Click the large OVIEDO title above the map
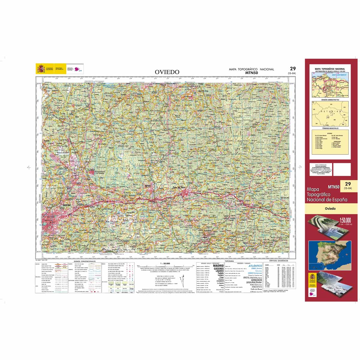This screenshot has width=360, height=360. click(x=167, y=72)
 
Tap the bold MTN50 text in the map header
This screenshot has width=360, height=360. click(x=251, y=73)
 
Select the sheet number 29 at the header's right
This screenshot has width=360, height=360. click(x=292, y=69)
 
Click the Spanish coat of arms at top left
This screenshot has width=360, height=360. click(x=40, y=69)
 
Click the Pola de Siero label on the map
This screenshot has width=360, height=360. click(x=180, y=187)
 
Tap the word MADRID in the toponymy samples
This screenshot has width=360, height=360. click(x=218, y=265)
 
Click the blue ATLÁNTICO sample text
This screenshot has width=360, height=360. click(x=255, y=266)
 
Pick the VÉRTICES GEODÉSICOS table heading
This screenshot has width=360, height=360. click(x=279, y=261)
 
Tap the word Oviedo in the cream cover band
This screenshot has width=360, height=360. click(x=330, y=208)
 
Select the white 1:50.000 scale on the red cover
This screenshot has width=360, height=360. click(x=345, y=220)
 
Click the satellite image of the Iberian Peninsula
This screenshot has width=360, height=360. click(x=329, y=255)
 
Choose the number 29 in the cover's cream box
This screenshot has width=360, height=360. click(x=348, y=184)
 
